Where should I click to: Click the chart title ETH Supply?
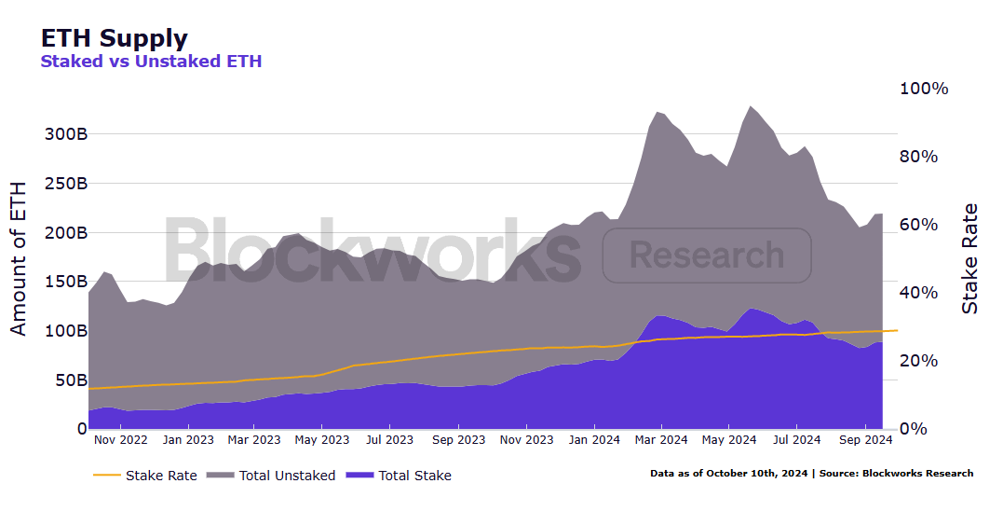click(x=114, y=38)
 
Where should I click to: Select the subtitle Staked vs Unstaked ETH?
click(x=151, y=62)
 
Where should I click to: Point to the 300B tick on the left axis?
click(x=66, y=133)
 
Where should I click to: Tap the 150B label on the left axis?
click(x=66, y=282)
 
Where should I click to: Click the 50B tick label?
click(x=71, y=380)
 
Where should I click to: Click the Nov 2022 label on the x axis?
click(x=121, y=439)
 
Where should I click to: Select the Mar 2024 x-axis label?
click(x=660, y=439)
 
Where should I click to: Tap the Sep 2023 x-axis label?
click(x=458, y=439)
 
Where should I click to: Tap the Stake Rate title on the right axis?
click(x=970, y=258)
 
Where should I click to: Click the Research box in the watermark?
click(x=707, y=255)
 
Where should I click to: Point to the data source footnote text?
click(x=811, y=474)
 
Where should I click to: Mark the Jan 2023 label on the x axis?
click(x=188, y=439)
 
